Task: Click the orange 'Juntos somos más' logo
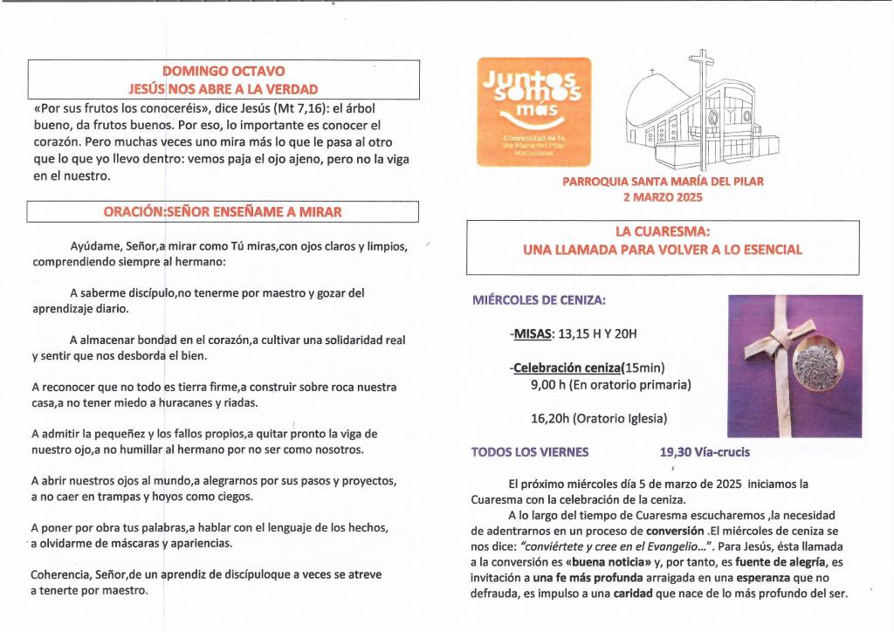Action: click(534, 112)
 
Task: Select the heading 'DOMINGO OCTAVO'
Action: click(223, 71)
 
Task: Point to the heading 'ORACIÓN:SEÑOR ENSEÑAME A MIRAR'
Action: click(223, 212)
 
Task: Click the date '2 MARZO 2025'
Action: click(663, 197)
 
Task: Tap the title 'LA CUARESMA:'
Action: click(662, 232)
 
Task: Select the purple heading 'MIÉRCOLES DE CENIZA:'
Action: click(539, 301)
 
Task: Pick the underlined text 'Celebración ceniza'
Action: click(567, 368)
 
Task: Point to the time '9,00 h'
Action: click(549, 384)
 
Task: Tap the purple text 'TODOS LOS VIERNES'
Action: click(530, 452)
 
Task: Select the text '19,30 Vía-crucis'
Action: click(705, 452)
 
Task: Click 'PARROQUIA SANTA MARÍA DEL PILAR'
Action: click(663, 182)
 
